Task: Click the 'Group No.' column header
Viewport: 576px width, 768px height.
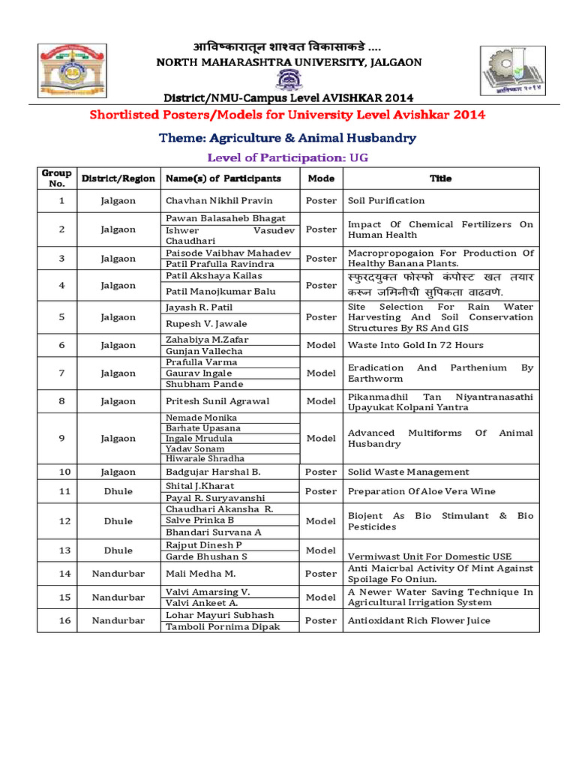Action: point(56,178)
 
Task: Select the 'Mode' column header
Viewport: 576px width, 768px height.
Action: point(321,178)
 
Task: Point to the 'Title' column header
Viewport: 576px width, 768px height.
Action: point(440,178)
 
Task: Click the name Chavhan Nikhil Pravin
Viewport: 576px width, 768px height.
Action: point(219,200)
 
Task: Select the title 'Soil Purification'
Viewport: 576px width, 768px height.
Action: point(386,200)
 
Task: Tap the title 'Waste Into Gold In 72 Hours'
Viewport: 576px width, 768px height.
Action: point(415,345)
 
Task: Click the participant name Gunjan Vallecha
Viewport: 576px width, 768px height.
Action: point(204,351)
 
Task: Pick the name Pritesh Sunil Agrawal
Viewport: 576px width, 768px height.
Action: point(217,401)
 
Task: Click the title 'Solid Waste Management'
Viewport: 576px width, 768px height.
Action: point(408,472)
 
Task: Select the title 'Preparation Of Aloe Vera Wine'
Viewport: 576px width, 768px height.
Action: point(421,491)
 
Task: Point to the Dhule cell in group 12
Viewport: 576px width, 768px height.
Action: point(118,520)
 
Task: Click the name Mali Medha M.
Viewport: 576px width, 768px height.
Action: point(200,574)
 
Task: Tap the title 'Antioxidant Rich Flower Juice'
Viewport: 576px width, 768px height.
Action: point(418,620)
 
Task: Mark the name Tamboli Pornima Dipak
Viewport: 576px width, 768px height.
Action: point(222,626)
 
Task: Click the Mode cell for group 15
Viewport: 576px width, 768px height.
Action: point(321,597)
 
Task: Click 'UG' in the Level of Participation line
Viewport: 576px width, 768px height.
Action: point(359,157)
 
